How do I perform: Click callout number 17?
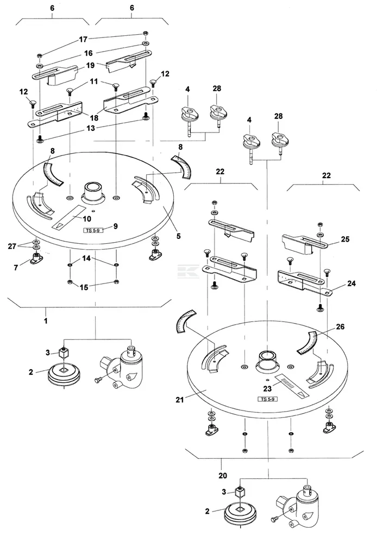pyautogui.click(x=83, y=40)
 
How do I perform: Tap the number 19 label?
pyautogui.click(x=90, y=66)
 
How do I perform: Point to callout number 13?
pyautogui.click(x=90, y=129)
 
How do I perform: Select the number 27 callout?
pyautogui.click(x=12, y=246)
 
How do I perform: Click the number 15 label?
pyautogui.click(x=84, y=287)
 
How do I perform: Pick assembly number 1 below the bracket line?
pyautogui.click(x=46, y=321)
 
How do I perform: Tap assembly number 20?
pyautogui.click(x=223, y=476)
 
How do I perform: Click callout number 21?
pyautogui.click(x=179, y=400)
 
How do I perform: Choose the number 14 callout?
pyautogui.click(x=86, y=258)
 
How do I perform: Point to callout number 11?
pyautogui.click(x=94, y=82)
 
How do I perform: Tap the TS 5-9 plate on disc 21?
pyautogui.click(x=267, y=399)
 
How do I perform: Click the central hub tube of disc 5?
pyautogui.click(x=93, y=192)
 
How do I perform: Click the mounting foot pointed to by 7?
pyautogui.click(x=35, y=258)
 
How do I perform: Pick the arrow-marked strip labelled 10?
pyautogui.click(x=70, y=218)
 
